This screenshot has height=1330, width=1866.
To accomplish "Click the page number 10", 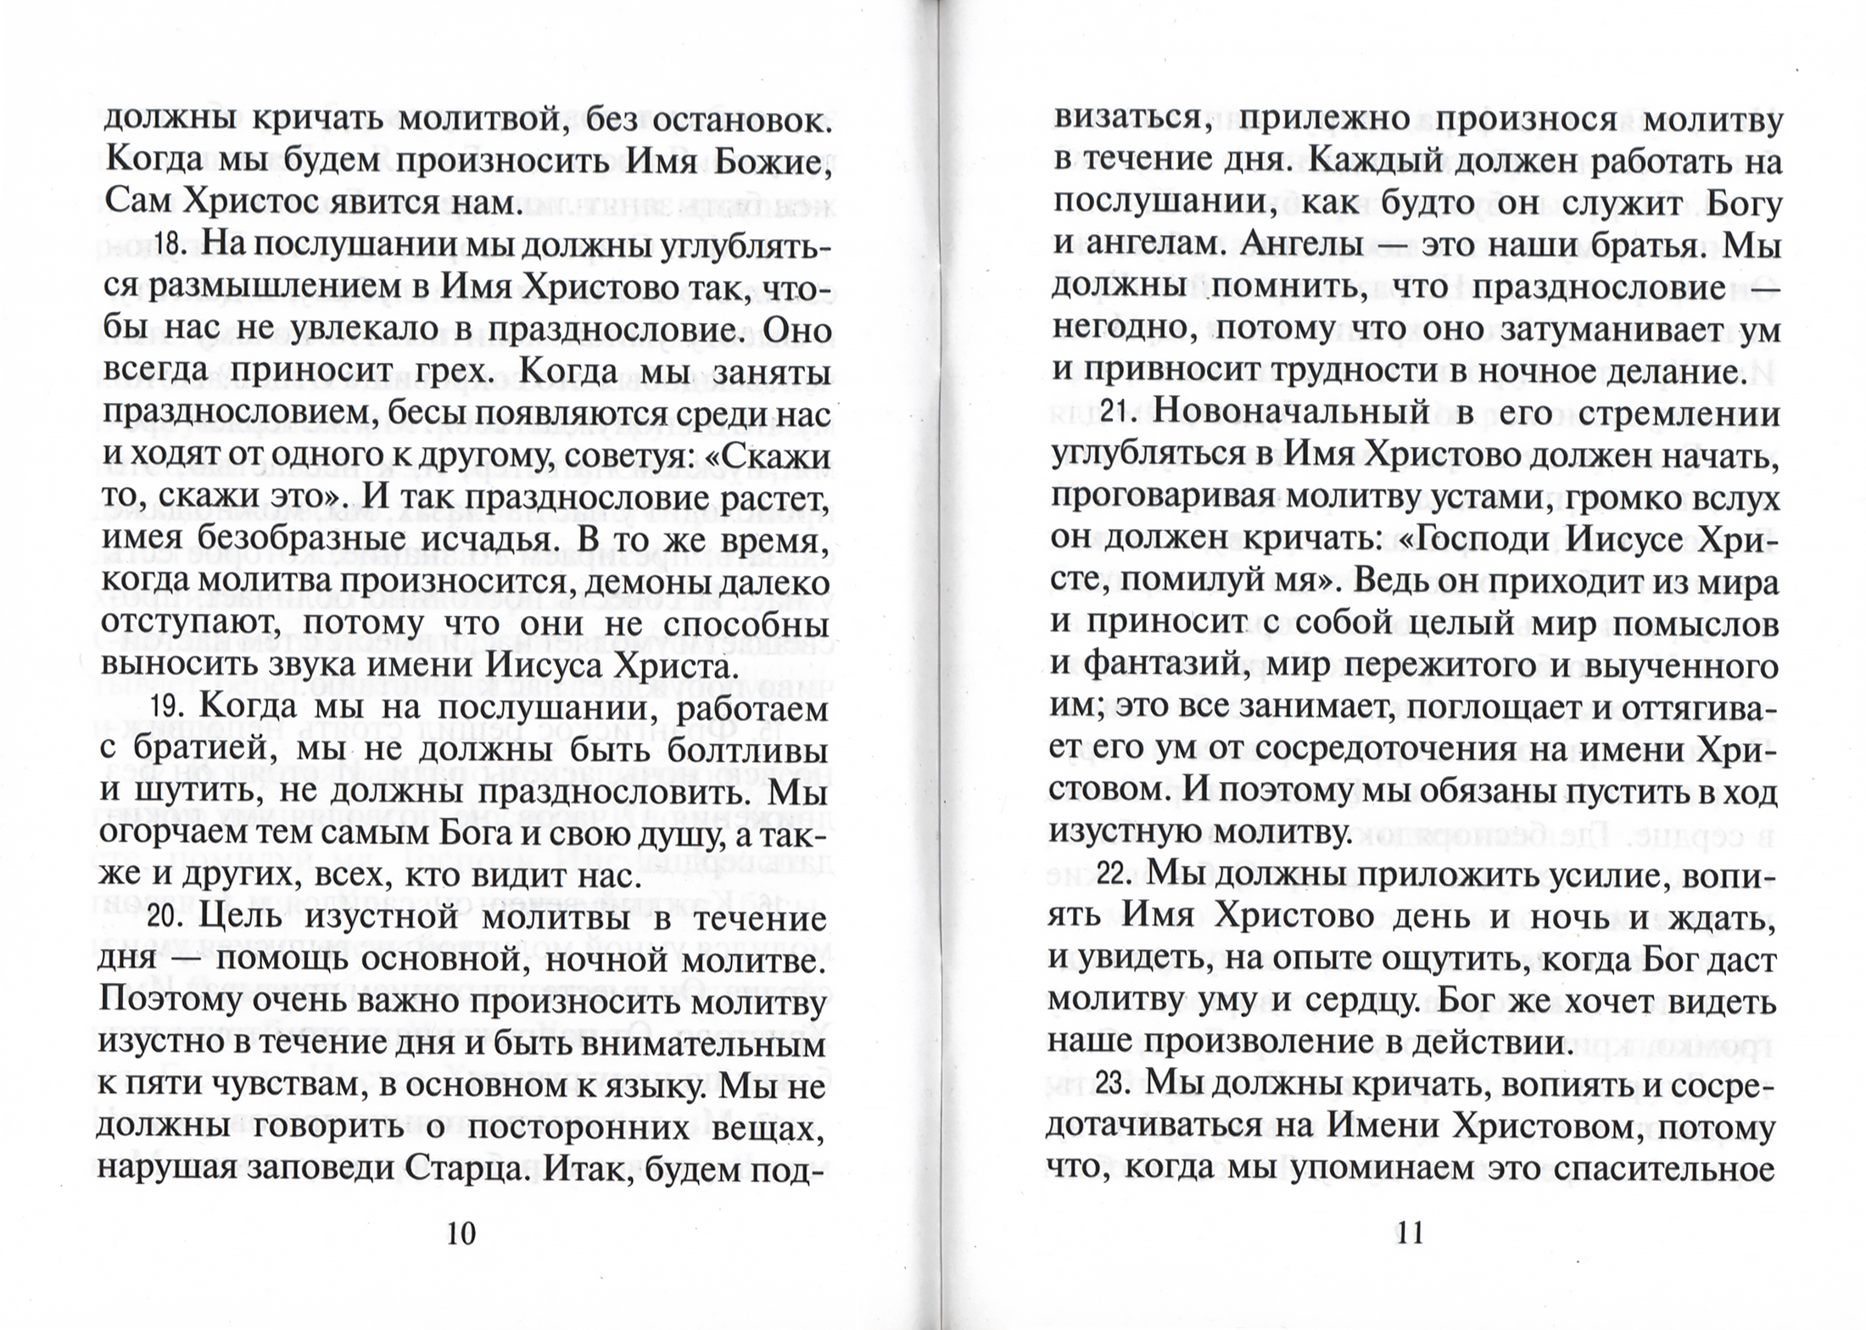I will click(x=461, y=1232).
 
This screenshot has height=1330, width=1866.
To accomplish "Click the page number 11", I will click(x=1409, y=1231).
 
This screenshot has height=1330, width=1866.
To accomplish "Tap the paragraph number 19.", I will click(x=169, y=707).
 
